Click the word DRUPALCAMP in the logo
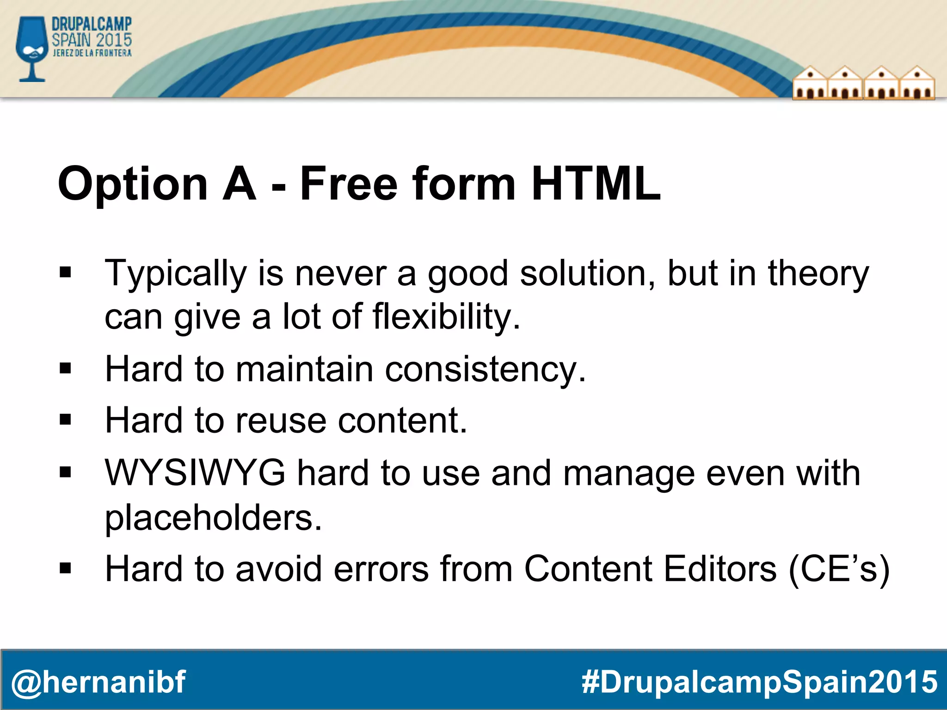point(92,24)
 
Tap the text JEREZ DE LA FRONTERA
point(92,53)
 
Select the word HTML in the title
point(596,184)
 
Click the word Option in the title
point(133,184)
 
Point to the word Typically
point(176,274)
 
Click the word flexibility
point(446,317)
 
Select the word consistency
point(485,369)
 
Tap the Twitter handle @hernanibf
point(98,682)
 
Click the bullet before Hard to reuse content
point(65,420)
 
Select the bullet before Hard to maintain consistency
point(65,368)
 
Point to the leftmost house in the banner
point(810,83)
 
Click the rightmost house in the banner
point(917,83)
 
